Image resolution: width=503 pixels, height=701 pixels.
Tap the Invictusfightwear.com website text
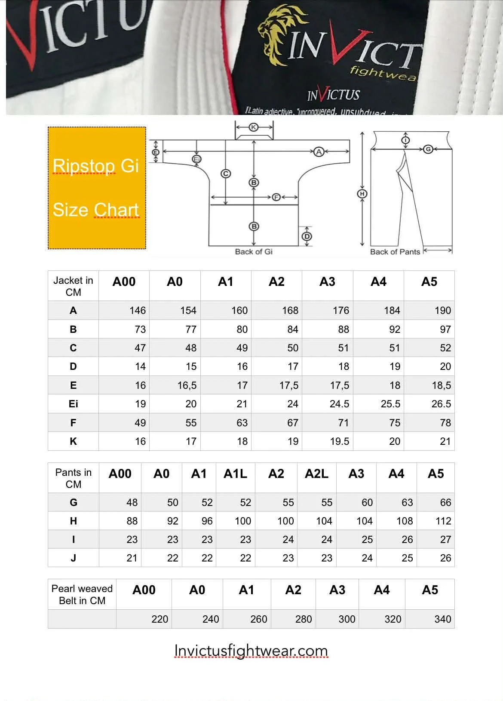click(x=251, y=651)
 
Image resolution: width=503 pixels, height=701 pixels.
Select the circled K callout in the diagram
click(x=254, y=127)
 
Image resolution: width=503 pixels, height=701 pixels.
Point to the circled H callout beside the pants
click(x=362, y=194)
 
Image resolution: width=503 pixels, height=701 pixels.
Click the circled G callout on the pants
click(x=428, y=149)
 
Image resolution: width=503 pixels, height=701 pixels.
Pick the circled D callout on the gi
click(x=307, y=236)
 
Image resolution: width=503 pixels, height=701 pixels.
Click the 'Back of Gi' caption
click(x=254, y=251)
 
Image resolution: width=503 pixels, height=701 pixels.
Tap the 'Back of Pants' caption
click(x=395, y=251)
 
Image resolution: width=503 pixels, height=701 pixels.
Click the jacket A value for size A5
click(x=442, y=310)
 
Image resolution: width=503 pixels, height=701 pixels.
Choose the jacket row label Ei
click(x=73, y=404)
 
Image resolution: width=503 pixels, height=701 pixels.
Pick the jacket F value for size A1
click(x=242, y=423)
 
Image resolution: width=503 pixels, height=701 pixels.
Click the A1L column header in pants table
click(x=235, y=474)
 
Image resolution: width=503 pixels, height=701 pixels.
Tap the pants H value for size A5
click(x=443, y=521)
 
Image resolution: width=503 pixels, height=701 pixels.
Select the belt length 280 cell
click(x=303, y=619)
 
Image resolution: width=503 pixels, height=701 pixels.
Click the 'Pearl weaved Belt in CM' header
click(x=82, y=594)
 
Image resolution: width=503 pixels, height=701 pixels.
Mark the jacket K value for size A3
click(x=339, y=441)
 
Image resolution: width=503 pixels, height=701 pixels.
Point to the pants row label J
click(x=73, y=558)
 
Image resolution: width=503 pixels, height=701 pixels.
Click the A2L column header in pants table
click(x=316, y=474)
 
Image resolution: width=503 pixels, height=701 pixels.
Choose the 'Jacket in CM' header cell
click(x=73, y=286)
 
